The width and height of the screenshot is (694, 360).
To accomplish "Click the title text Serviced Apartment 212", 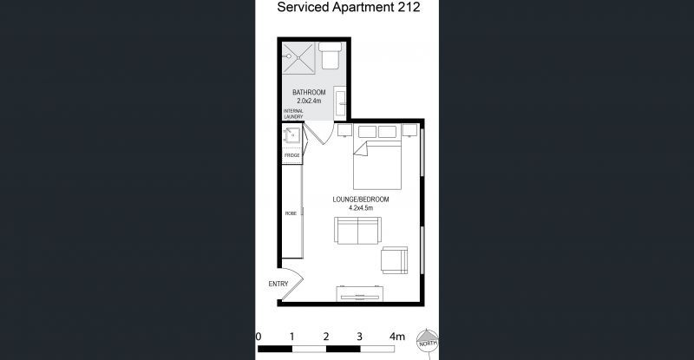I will pyautogui.click(x=348, y=9).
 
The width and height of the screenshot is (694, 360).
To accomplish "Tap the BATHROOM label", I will pyautogui.click(x=309, y=93).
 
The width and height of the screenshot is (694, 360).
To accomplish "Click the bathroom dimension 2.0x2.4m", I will pyautogui.click(x=309, y=101).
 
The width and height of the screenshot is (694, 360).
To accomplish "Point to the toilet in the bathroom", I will pyautogui.click(x=330, y=57).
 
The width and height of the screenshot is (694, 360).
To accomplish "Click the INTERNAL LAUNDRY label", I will pyautogui.click(x=293, y=115).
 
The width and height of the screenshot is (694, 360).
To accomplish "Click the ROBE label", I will pyautogui.click(x=291, y=212).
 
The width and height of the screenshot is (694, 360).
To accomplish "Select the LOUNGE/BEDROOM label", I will pyautogui.click(x=361, y=199).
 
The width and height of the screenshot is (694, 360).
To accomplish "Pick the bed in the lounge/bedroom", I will pyautogui.click(x=376, y=160).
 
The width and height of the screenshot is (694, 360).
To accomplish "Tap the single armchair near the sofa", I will pyautogui.click(x=395, y=259).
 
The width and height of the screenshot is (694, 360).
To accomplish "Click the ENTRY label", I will pyautogui.click(x=278, y=284).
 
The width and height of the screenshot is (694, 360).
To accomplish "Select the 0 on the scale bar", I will pyautogui.click(x=259, y=336).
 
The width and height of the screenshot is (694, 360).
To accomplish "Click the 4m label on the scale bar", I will pyautogui.click(x=396, y=336).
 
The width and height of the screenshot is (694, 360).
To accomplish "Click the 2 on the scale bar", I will pyautogui.click(x=325, y=336).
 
